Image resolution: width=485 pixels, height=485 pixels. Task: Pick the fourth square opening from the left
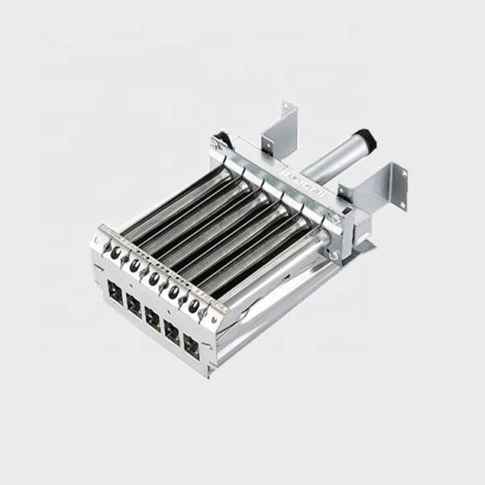171,327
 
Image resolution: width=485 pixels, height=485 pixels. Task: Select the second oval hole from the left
135,264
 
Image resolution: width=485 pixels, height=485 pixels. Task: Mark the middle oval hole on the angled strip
154,276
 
